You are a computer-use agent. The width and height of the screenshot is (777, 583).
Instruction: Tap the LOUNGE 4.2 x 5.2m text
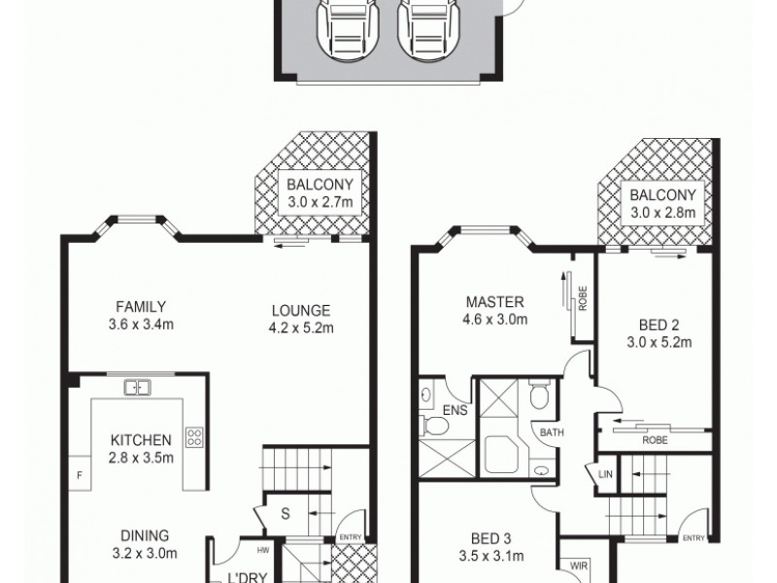[300, 320]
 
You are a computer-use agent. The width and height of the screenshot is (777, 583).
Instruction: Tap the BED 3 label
[490, 549]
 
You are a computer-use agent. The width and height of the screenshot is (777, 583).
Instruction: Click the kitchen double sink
[137, 388]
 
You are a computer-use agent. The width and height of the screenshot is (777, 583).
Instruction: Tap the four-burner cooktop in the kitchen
[193, 437]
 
